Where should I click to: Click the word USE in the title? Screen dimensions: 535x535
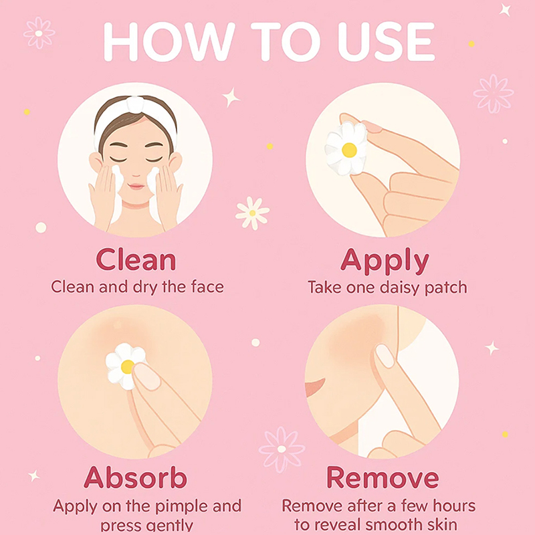[386, 41]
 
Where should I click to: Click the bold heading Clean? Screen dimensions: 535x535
[136, 259]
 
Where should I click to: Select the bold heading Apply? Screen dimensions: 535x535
[385, 261]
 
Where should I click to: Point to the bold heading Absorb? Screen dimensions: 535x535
[136, 477]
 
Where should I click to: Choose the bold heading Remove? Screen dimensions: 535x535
[383, 477]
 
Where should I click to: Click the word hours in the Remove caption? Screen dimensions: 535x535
[454, 506]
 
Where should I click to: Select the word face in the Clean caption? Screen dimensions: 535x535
[207, 286]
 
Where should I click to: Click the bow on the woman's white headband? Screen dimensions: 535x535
[135, 104]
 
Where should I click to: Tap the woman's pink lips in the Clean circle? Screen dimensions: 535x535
[136, 187]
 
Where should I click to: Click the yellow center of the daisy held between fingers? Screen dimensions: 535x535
[349, 150]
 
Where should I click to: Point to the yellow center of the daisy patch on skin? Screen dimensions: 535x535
[127, 366]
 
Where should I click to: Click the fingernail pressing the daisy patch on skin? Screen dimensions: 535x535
[146, 377]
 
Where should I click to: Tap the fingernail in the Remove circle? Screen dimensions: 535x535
[385, 356]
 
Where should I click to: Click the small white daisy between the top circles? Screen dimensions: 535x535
[253, 213]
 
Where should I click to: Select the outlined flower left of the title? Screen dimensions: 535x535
[39, 33]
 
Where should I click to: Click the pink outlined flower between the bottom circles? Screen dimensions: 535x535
[282, 449]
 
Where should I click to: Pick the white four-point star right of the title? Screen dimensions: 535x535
[505, 10]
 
